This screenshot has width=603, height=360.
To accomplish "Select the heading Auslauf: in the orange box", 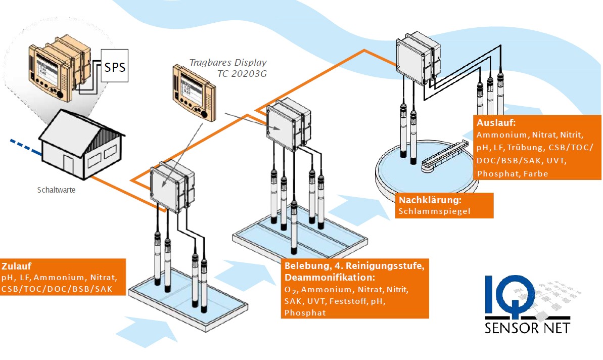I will (x=494, y=122).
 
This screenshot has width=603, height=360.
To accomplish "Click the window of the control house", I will (x=98, y=159).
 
